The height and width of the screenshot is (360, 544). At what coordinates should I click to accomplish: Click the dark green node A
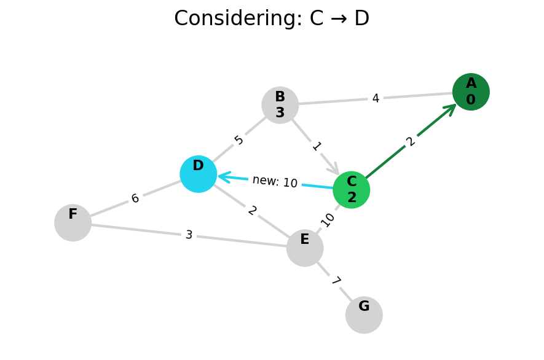(x=471, y=92)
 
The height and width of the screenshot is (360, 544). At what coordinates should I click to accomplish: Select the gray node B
(x=280, y=105)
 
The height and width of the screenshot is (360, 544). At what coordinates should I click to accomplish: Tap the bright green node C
(x=352, y=190)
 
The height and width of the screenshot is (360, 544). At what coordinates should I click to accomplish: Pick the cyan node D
(x=199, y=174)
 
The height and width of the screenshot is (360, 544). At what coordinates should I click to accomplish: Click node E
(x=305, y=248)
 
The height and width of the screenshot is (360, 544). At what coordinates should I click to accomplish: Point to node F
(x=73, y=222)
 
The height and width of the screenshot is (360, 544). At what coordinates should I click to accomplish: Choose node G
(x=364, y=315)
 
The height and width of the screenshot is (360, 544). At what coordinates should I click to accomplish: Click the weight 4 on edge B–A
(x=376, y=98)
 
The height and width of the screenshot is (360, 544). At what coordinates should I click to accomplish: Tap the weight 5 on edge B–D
(x=239, y=140)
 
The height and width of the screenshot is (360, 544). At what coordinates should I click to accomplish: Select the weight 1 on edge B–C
(x=317, y=147)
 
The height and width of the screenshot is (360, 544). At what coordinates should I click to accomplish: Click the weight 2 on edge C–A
(x=411, y=142)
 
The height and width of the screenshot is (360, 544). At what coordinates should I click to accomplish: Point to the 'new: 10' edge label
(x=275, y=182)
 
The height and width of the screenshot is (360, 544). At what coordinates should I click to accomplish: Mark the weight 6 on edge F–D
(x=135, y=198)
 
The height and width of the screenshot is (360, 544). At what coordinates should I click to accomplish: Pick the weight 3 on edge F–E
(x=189, y=235)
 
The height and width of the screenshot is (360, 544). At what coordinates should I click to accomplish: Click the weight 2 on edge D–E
(x=252, y=211)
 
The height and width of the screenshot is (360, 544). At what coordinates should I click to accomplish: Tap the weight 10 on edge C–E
(x=328, y=219)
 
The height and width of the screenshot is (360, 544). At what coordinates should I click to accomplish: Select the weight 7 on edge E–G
(x=336, y=281)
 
